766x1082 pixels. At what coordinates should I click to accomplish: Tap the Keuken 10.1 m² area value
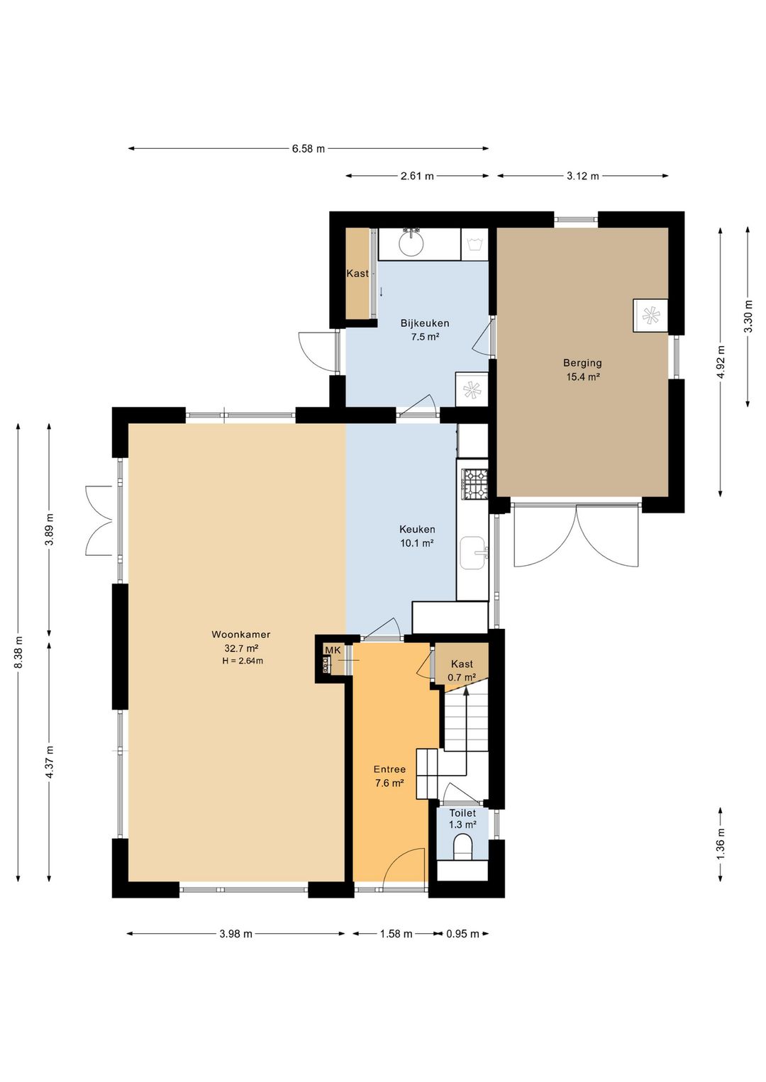(x=416, y=543)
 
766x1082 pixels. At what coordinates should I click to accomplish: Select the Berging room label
(x=582, y=363)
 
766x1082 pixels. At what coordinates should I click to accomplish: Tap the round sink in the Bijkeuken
(x=411, y=243)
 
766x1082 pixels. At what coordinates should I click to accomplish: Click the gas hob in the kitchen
(x=475, y=484)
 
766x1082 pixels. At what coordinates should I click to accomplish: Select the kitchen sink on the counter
(x=474, y=552)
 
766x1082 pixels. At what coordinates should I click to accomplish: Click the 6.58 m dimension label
(x=309, y=149)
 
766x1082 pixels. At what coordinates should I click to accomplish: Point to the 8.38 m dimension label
(x=18, y=652)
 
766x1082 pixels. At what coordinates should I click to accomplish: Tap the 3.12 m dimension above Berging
(x=582, y=177)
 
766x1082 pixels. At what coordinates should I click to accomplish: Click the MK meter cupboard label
(x=333, y=650)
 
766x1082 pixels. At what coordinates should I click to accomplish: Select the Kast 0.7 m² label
(x=462, y=671)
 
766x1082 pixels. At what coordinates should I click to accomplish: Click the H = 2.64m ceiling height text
(x=243, y=661)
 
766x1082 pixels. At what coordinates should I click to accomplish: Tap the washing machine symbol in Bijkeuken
(x=474, y=245)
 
